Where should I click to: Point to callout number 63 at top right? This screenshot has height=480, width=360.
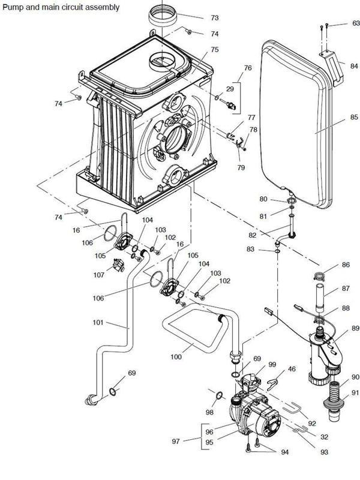(356, 23)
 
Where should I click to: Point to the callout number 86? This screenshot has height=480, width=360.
(345, 264)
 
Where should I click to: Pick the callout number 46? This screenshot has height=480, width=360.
(293, 370)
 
